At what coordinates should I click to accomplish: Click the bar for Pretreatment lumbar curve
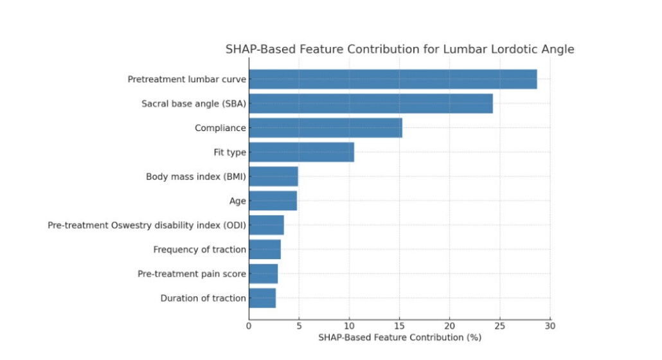point(393,79)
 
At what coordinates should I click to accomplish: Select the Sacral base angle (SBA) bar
point(371,104)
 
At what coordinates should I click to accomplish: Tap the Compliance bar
point(325,128)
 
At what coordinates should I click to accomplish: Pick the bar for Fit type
point(301,152)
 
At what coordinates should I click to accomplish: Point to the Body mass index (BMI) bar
point(273,176)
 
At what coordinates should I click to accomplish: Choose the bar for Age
point(273,201)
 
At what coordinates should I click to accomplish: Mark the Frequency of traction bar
point(265,249)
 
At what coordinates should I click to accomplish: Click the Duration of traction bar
point(262,298)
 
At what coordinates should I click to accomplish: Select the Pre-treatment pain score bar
point(264,274)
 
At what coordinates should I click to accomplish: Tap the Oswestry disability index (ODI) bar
point(266,225)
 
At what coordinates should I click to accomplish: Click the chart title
point(399,50)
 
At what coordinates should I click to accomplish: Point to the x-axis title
point(399,337)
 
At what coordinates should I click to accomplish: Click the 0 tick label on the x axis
point(249,325)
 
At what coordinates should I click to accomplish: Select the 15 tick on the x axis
point(400,325)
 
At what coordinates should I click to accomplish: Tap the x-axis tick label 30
point(550,325)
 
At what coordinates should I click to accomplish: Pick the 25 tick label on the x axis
point(500,325)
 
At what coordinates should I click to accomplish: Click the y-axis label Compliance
point(220,128)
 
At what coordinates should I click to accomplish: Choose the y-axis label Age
point(237,201)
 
